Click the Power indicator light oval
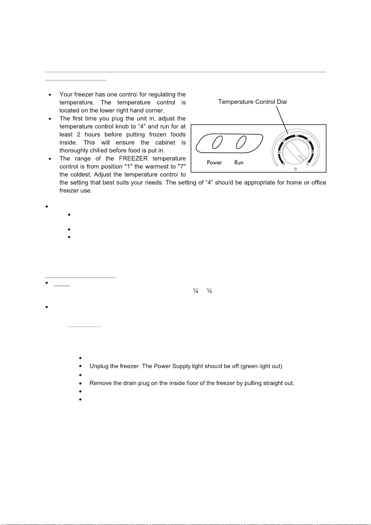coord(217,143)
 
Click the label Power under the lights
coord(214,163)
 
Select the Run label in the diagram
coord(239,163)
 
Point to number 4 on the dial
coord(297,136)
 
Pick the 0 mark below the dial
coord(296,169)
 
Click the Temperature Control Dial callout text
coord(253,102)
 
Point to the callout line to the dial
coord(282,120)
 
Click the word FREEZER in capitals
coord(133,159)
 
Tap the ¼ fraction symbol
coord(196,291)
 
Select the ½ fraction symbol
coord(210,291)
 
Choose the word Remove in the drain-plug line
coord(100,383)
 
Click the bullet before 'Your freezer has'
coord(50,94)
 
